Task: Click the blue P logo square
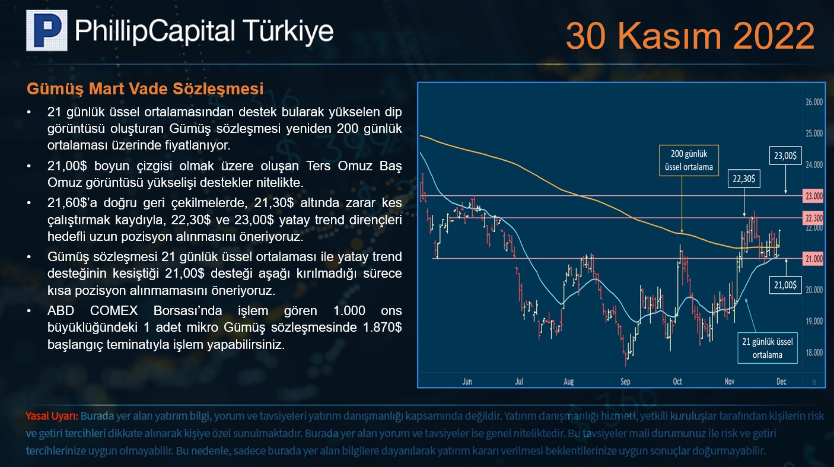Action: (x=46, y=30)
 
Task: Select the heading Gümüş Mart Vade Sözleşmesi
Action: (x=145, y=88)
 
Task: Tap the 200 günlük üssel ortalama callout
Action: (x=689, y=160)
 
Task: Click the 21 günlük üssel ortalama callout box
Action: (x=768, y=348)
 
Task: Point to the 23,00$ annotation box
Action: (x=785, y=155)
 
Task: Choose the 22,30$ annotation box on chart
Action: (x=744, y=179)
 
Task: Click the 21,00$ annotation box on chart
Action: (x=785, y=285)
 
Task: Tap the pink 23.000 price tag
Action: (x=814, y=196)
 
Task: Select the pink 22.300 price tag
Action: (x=814, y=218)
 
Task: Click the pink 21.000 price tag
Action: (x=814, y=259)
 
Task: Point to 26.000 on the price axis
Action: (x=814, y=102)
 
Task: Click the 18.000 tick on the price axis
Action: (x=814, y=352)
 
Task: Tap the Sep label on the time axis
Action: (x=625, y=382)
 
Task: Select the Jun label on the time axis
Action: (x=467, y=382)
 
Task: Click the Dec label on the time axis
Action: (x=781, y=382)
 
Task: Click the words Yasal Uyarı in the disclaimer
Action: (x=52, y=416)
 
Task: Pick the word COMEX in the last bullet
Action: (x=113, y=310)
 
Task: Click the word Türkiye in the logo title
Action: (x=288, y=31)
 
